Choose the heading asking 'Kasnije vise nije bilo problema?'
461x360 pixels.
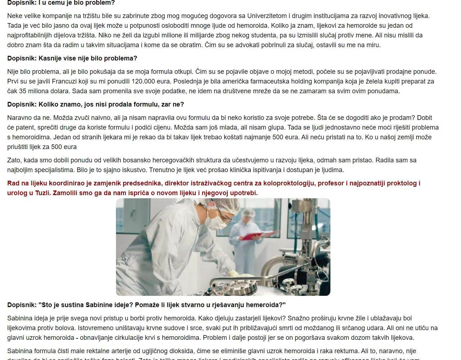coord(72,58)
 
